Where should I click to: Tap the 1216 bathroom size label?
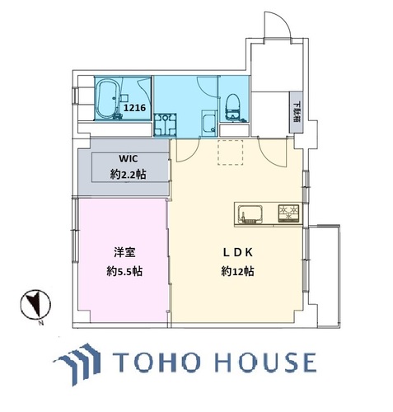(x=134, y=108)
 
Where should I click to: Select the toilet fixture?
(x=232, y=107)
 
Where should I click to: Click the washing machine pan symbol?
(x=165, y=124)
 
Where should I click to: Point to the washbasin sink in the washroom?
(x=209, y=124)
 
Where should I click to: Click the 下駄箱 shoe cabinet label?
(x=296, y=112)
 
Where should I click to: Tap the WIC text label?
(x=129, y=158)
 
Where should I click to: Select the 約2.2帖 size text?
(x=128, y=174)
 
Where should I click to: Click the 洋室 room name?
(x=124, y=253)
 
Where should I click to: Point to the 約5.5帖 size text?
(x=124, y=272)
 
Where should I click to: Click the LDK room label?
(x=237, y=253)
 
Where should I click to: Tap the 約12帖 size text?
(x=237, y=272)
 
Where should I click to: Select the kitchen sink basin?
(x=250, y=213)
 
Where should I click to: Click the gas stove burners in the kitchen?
(x=288, y=213)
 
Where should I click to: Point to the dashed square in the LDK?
(x=231, y=152)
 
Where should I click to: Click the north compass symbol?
(x=35, y=305)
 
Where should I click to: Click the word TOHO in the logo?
(x=157, y=363)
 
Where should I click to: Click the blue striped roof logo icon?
(x=78, y=363)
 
